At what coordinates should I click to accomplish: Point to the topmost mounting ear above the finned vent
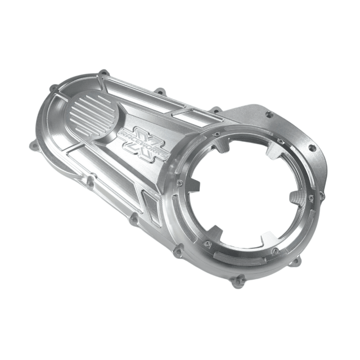pyautogui.click(x=103, y=73)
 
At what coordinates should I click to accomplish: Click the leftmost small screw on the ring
pyautogui.click(x=179, y=182)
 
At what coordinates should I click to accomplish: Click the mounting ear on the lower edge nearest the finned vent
pyautogui.click(x=89, y=180)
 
